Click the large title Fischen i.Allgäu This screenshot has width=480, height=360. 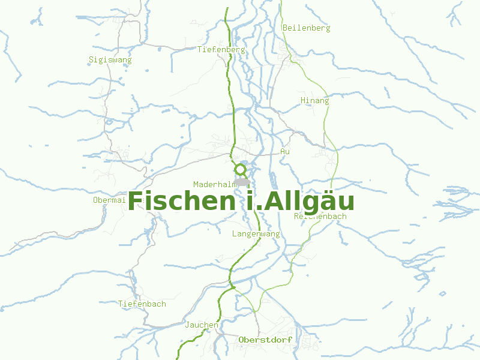coord(241,201)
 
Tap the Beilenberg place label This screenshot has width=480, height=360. coord(306,28)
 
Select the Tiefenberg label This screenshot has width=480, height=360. coord(221,50)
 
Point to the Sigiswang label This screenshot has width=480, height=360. coord(110,60)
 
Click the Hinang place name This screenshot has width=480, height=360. coord(315,101)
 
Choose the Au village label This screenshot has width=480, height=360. coord(285,152)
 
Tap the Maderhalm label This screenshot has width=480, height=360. coord(214,184)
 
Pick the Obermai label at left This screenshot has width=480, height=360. coord(109,200)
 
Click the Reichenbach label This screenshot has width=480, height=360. coord(320,217)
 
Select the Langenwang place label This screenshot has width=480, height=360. coord(256,234)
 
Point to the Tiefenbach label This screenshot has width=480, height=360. coord(142,304)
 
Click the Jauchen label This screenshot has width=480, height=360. coord(202,325)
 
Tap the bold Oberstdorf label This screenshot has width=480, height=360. coord(265,340)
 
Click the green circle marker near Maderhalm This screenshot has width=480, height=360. coord(241,170)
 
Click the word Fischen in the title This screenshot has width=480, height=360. coord(182,201)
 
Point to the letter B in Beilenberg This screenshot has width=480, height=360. coord(284,28)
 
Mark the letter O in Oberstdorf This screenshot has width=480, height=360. coord(241,340)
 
